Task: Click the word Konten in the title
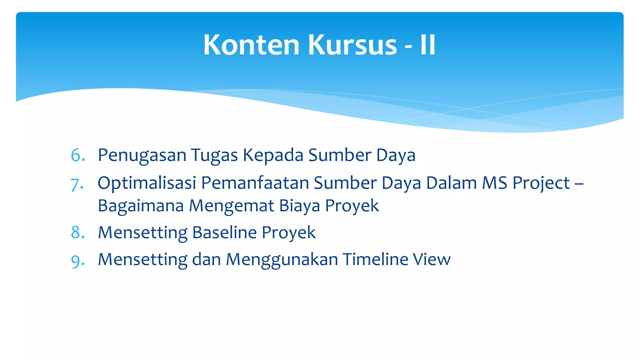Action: tap(251, 45)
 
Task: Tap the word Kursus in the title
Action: tap(352, 45)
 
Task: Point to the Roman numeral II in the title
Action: tap(427, 45)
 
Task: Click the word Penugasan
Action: tap(142, 155)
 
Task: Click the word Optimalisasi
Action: tap(147, 183)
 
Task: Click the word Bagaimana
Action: tap(140, 206)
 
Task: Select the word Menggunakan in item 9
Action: tap(282, 259)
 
